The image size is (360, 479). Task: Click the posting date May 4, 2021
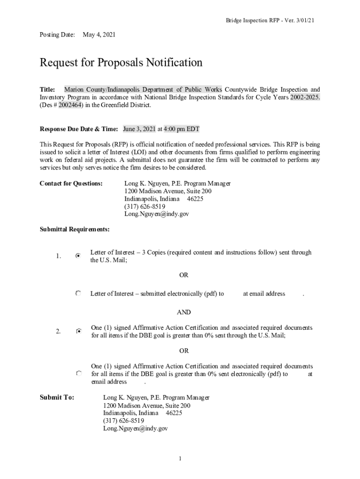(99, 35)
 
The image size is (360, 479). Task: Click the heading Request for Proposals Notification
(121, 63)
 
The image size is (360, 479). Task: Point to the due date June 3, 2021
(139, 129)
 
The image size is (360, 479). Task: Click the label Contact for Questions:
(71, 184)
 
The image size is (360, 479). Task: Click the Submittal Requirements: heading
(75, 229)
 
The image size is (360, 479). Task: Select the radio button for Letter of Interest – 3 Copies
(78, 256)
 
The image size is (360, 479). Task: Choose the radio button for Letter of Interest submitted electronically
(78, 294)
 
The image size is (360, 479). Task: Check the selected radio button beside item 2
(79, 331)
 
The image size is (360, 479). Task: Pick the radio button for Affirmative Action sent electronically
(79, 374)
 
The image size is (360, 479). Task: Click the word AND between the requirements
(183, 312)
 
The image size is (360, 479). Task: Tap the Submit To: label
(57, 398)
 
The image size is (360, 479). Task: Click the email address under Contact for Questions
(156, 214)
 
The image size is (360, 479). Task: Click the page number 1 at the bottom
(180, 458)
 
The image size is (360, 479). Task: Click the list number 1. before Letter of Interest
(58, 256)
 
